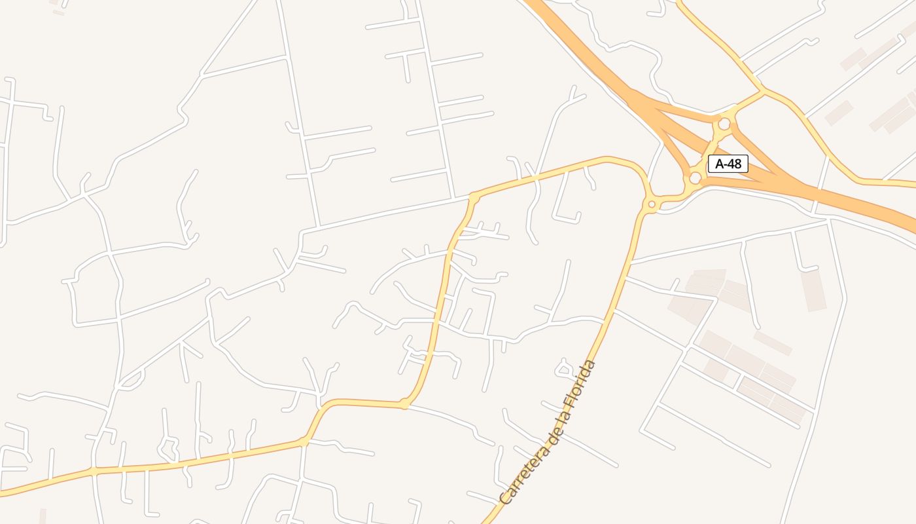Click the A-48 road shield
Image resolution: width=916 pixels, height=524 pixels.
(728, 164)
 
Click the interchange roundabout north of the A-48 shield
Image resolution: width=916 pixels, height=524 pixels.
(724, 124)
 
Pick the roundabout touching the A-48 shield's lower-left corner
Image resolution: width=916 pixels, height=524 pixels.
(695, 178)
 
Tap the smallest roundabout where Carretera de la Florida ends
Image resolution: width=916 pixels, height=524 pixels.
(651, 205)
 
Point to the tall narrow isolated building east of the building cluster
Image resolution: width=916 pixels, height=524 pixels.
(813, 290)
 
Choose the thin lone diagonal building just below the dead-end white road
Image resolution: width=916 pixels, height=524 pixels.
(772, 343)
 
